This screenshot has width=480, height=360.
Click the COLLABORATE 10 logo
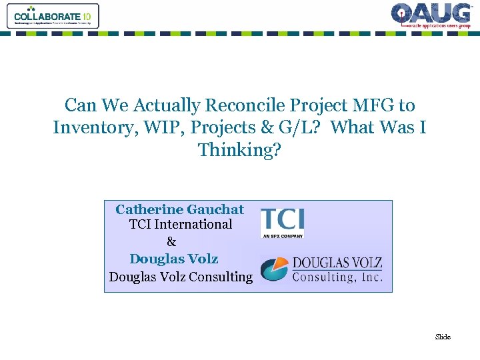pos(52,16)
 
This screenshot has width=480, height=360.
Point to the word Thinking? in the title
pos(240,150)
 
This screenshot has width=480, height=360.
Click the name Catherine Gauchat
pos(180,209)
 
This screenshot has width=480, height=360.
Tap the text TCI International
pos(181,225)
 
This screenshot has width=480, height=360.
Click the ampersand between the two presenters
pos(171,241)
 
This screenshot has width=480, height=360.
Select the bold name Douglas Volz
pos(174,259)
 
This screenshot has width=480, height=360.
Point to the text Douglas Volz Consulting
pos(181,277)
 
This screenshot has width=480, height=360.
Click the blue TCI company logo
pos(282,219)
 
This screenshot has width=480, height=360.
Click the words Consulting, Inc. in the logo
pos(337,277)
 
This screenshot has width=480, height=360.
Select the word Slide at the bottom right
pos(443,337)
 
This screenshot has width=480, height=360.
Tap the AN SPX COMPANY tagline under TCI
pos(282,235)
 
